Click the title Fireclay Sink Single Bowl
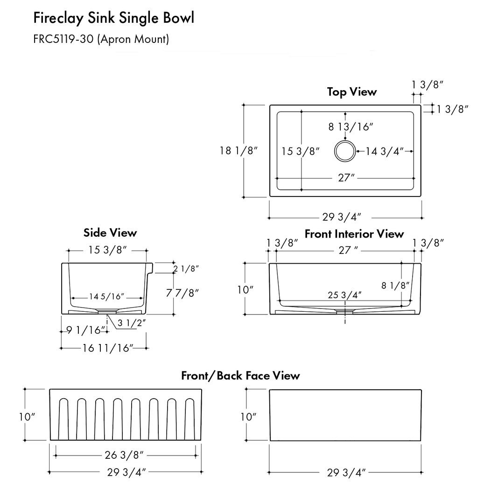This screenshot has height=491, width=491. tap(113, 19)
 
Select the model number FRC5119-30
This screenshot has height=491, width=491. tap(63, 39)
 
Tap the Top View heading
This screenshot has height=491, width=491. tap(351, 92)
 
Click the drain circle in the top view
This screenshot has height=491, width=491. tap(345, 151)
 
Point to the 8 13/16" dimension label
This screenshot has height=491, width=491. tap(351, 126)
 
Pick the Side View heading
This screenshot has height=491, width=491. tap(110, 232)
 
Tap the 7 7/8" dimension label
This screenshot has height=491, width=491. tap(182, 293)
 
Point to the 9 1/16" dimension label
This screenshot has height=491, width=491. tap(84, 330)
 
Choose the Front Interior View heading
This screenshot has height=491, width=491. tap(354, 233)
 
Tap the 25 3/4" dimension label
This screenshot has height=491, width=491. tap(344, 295)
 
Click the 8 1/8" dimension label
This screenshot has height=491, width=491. tap(395, 286)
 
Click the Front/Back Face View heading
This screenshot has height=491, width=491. tap(240, 375)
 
